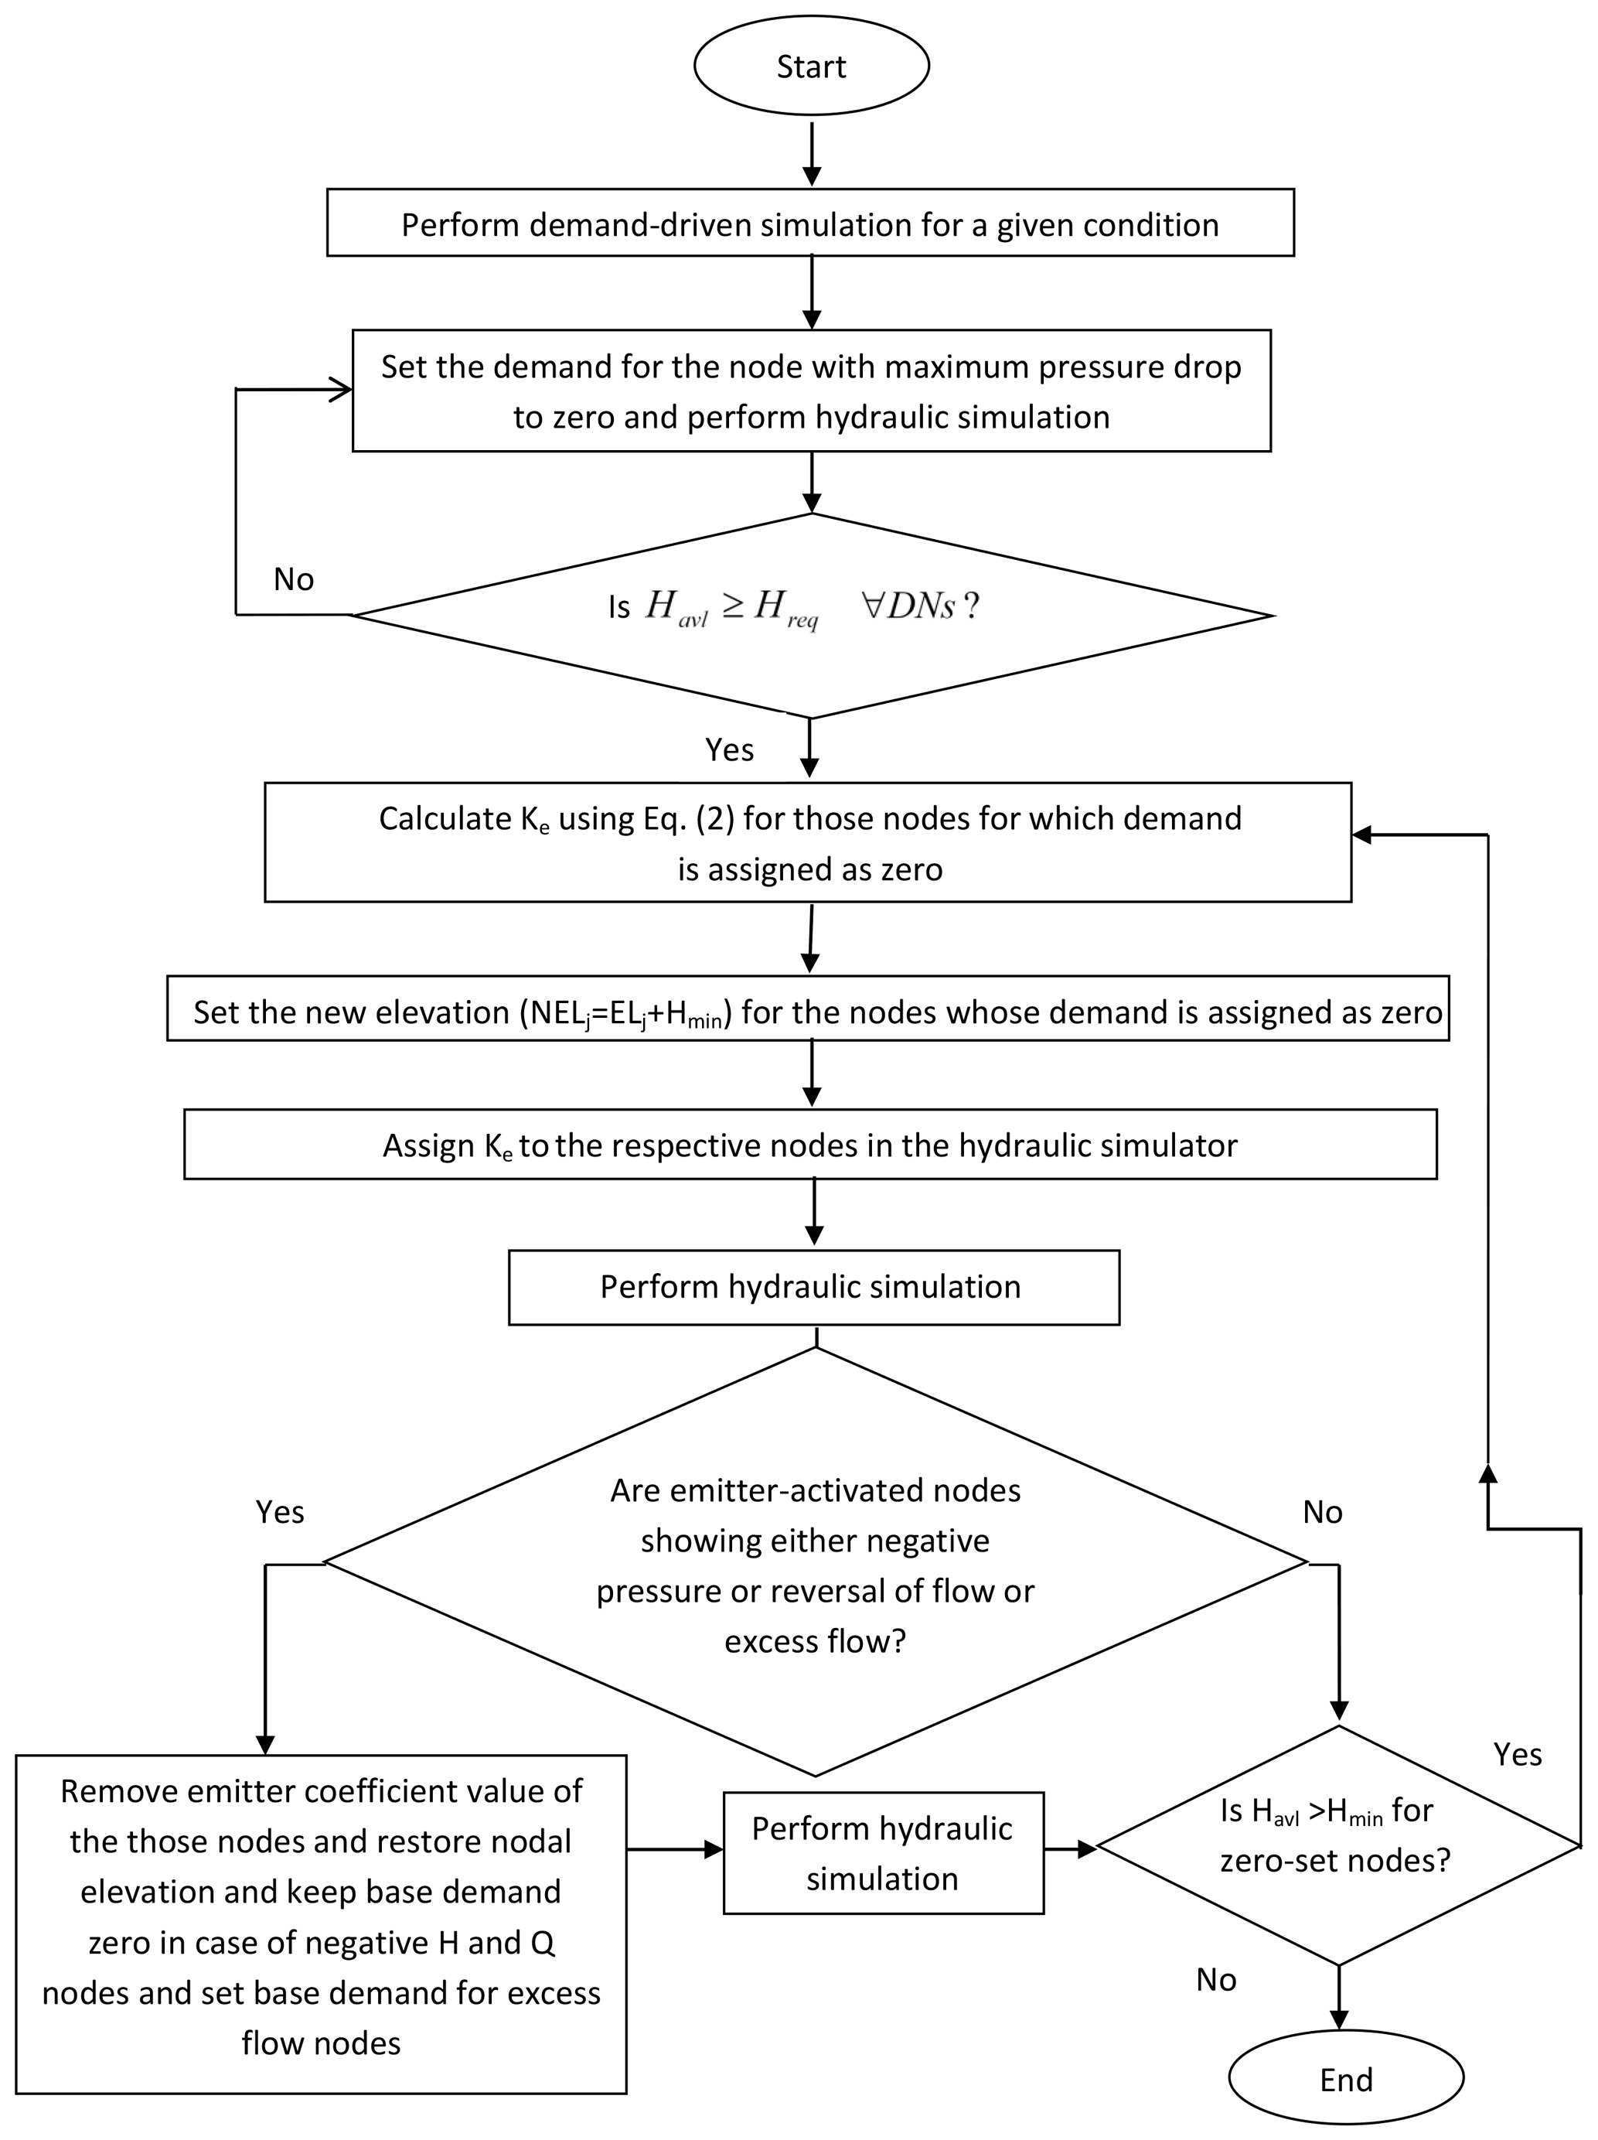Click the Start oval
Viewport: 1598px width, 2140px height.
point(812,66)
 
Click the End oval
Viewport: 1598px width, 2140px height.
point(1345,2079)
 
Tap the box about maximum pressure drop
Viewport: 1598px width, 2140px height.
point(811,391)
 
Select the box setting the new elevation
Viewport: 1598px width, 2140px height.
point(808,1011)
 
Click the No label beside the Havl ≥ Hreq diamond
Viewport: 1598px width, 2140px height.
point(294,579)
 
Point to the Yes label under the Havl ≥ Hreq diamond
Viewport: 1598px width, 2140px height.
point(729,749)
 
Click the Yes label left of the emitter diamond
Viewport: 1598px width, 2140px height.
point(280,1511)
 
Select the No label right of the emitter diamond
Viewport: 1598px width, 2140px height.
point(1322,1511)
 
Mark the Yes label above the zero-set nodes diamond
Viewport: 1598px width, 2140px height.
point(1517,1754)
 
